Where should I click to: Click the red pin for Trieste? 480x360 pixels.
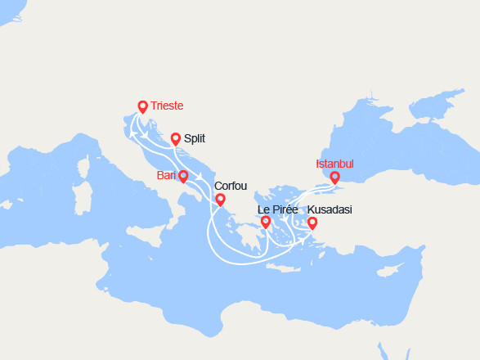tap(142, 106)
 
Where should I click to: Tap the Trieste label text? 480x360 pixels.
tap(167, 106)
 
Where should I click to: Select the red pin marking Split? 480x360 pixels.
tap(175, 139)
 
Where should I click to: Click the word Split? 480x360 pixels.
tap(195, 139)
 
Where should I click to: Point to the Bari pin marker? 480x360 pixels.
tap(182, 176)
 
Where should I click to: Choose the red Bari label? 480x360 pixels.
tap(166, 175)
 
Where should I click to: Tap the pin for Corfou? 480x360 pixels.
tap(220, 199)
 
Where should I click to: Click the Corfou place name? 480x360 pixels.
tap(230, 186)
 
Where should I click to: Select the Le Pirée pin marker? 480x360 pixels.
tap(265, 222)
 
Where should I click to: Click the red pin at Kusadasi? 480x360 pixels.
tap(312, 223)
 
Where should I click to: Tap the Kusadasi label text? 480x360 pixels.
tap(330, 210)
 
